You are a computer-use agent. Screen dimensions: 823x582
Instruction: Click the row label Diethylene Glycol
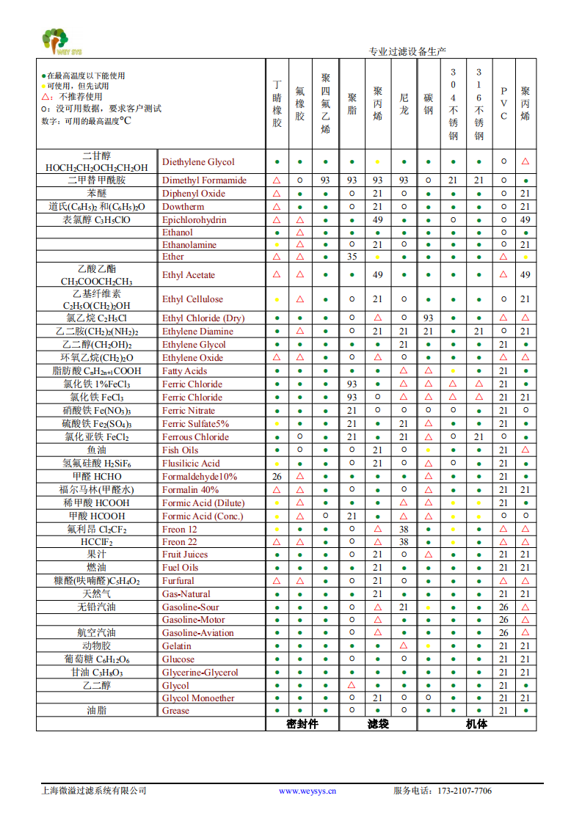pos(198,162)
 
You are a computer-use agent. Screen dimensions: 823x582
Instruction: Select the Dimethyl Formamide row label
pos(204,180)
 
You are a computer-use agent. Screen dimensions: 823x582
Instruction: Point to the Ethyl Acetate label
pos(189,275)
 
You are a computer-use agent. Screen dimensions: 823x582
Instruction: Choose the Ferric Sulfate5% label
pos(195,424)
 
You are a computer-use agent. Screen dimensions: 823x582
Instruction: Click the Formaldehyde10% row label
pos(200,477)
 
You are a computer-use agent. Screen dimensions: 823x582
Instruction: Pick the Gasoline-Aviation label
pos(197,633)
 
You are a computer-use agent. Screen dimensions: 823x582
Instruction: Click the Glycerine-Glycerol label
pos(200,673)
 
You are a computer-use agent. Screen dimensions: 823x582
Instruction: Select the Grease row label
pos(175,711)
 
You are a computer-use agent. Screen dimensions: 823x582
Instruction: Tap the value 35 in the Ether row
pos(352,257)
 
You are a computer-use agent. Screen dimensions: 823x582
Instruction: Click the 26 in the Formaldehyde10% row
pos(277,477)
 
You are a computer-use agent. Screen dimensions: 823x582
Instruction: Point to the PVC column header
pos(503,103)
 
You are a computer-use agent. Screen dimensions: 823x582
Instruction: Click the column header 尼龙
pos(404,103)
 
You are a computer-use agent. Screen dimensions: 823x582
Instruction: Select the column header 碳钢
pos(429,103)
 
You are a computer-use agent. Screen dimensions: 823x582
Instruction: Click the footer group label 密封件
pos(302,724)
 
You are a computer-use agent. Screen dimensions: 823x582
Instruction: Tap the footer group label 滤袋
pos(378,724)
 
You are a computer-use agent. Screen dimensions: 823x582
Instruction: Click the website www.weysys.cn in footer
pos(307,791)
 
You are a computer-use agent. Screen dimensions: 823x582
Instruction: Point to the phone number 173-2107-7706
pos(465,791)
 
